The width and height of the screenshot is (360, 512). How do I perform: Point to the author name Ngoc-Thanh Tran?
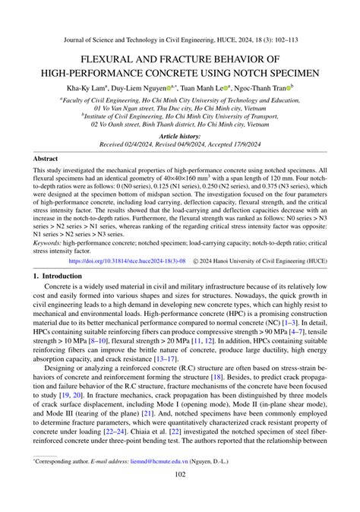pos(266,87)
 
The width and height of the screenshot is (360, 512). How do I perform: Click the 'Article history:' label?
pos(180,134)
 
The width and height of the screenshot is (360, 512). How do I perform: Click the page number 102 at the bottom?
pos(180,497)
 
